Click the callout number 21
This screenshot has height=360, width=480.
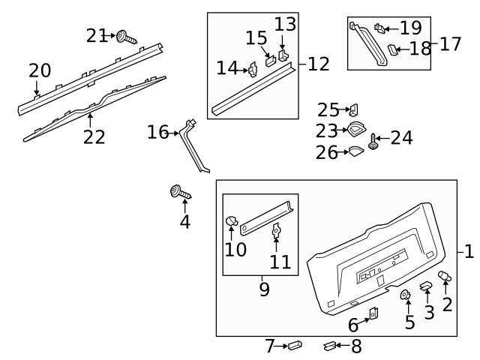97,34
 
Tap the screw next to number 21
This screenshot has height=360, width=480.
125,36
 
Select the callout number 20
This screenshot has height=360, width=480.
40,71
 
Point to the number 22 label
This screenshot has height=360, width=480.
94,137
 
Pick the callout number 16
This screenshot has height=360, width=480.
158,133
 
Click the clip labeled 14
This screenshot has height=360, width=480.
254,69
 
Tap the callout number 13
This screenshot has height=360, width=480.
285,24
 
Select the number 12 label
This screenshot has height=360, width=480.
319,64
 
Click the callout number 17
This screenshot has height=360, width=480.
450,43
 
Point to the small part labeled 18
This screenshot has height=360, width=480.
391,50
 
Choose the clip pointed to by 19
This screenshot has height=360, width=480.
381,30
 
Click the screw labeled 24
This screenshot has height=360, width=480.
373,140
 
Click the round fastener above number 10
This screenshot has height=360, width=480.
232,221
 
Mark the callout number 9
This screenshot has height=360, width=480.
264,289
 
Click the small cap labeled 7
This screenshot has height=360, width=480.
295,346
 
